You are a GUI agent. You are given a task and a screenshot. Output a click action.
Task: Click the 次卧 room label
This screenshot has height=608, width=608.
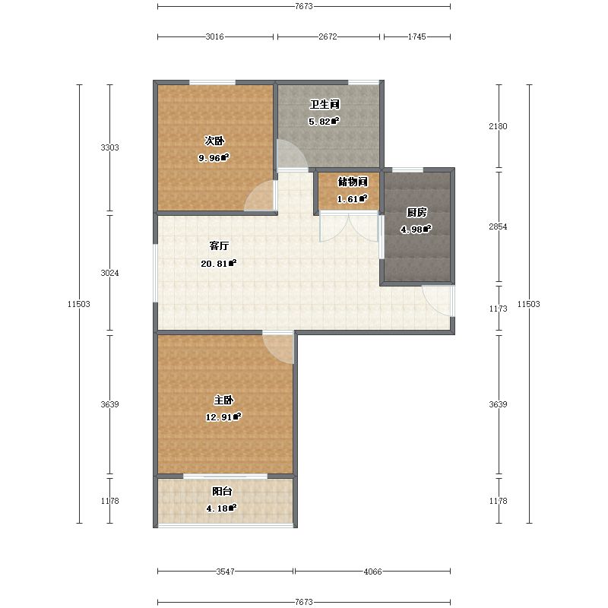(214, 141)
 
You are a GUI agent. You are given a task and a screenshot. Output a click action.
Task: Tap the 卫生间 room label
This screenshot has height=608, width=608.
(325, 104)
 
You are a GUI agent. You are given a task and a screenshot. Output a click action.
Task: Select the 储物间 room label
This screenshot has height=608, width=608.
(353, 182)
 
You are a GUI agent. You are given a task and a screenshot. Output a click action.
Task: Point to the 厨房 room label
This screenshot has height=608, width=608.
(416, 212)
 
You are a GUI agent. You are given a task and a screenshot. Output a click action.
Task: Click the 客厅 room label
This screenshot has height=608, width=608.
(219, 245)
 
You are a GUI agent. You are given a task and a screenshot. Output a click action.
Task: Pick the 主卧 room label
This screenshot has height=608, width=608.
(223, 400)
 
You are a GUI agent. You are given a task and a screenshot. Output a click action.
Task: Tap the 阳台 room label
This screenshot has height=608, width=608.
(222, 491)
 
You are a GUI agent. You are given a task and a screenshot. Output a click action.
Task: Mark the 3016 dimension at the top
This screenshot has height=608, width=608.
(215, 36)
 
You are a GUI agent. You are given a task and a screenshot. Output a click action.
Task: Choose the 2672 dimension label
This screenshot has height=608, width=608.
(328, 36)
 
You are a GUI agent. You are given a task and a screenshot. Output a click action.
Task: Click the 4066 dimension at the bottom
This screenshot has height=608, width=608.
(373, 572)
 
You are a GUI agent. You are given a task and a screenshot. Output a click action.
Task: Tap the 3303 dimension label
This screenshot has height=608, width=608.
(109, 147)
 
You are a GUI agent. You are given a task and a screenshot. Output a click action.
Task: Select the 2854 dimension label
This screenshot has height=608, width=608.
(499, 226)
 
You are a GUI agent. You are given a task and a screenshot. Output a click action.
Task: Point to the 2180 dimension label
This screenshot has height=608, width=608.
(499, 126)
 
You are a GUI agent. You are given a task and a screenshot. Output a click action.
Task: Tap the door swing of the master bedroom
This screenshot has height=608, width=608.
(279, 348)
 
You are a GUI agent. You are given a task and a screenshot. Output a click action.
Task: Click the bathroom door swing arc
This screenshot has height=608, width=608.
(293, 155)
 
